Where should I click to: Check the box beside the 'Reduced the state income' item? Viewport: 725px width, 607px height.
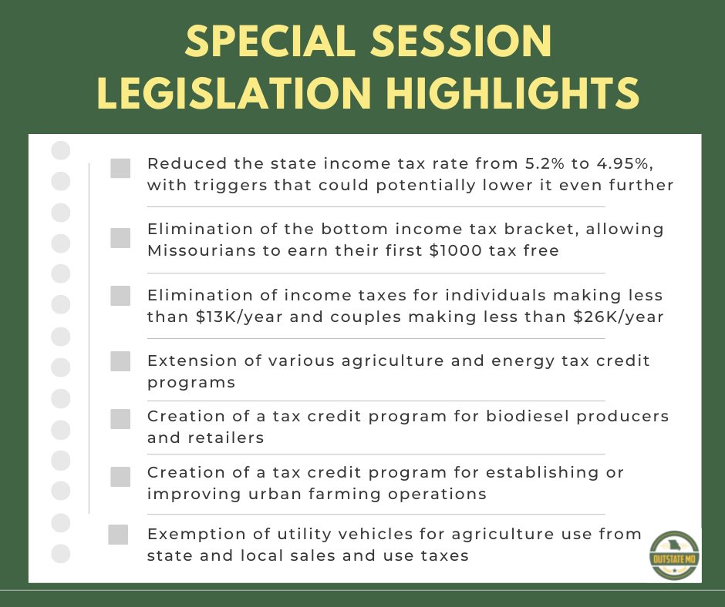(x=120, y=169)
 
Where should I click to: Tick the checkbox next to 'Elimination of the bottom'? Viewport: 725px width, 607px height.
(x=120, y=238)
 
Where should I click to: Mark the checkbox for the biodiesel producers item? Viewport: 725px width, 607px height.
(x=120, y=419)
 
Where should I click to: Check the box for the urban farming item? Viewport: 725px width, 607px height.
(x=120, y=477)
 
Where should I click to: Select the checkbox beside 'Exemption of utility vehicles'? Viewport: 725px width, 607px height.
(x=118, y=535)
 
